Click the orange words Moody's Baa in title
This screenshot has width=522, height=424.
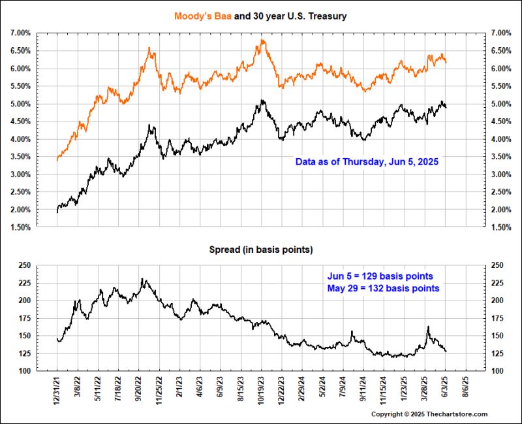(x=200, y=16)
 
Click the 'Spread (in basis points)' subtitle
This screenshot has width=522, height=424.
(x=260, y=250)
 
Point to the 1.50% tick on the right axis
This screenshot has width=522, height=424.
(x=502, y=227)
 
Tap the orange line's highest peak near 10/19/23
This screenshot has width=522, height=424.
(x=262, y=41)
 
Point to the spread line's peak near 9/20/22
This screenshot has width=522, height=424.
(x=143, y=280)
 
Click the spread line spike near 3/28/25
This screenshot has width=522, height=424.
(x=428, y=327)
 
